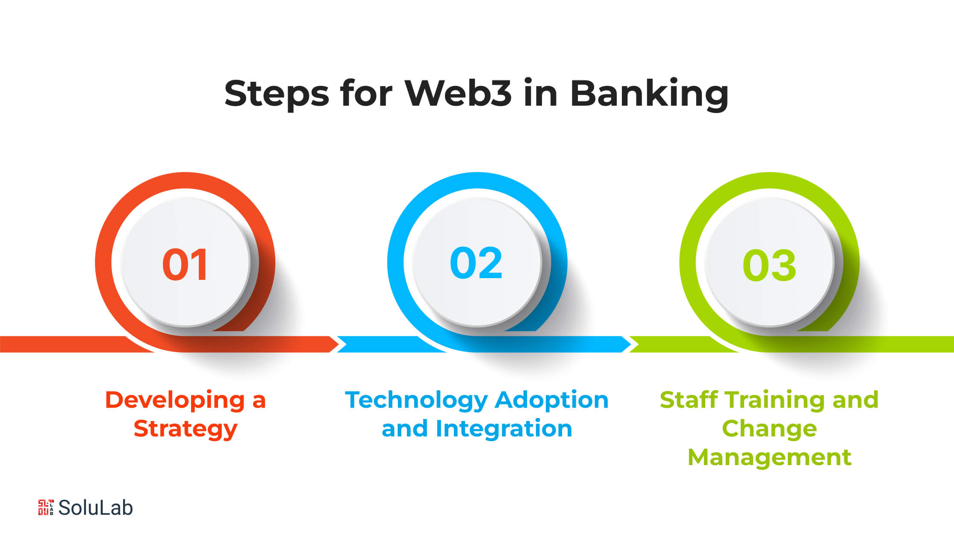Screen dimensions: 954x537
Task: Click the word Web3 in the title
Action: coord(458,93)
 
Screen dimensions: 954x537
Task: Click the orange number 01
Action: coord(185,265)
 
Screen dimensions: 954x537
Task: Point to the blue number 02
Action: coord(476,263)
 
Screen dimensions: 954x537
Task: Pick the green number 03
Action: coord(769,265)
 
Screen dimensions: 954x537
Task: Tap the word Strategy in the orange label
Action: coord(185,430)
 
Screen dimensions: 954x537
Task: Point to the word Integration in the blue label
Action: coord(504,429)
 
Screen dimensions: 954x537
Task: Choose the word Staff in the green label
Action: coord(689,400)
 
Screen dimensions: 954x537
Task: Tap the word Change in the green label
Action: coord(769,430)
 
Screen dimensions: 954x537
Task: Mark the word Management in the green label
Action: coord(769,458)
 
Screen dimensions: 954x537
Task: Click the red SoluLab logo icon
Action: coord(46,507)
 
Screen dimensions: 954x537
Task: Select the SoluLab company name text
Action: coord(95,507)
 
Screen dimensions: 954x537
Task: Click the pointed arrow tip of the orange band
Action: coord(339,344)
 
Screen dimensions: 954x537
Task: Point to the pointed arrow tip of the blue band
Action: coord(631,344)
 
